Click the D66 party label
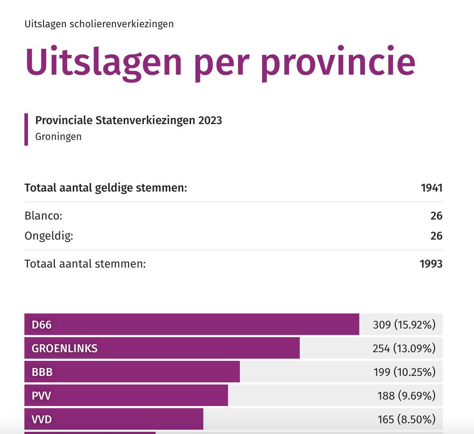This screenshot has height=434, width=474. coord(41,325)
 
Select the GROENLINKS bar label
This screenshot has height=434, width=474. coord(64,349)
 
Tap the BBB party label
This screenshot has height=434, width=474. coord(42,372)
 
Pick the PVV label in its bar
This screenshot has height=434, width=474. coord(41,396)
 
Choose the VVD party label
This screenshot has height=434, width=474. coord(41,419)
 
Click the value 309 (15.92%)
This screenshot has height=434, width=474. coord(404,325)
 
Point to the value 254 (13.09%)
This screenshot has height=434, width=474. coord(404,349)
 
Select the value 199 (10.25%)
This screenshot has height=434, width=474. coord(404,372)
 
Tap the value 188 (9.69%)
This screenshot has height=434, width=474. coord(406,396)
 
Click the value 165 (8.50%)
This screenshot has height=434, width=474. coord(406,419)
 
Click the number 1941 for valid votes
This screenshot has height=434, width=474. coord(431,188)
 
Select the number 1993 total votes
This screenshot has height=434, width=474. coord(431,264)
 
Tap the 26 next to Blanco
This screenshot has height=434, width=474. coord(436,216)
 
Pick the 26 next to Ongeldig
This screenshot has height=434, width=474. coord(436,236)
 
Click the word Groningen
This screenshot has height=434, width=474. coord(58,137)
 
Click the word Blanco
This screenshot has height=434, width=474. coord(43,216)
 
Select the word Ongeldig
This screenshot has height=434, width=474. coord(49,236)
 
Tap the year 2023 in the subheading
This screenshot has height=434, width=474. coord(210,121)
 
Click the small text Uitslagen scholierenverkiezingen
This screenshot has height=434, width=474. coord(99,24)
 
